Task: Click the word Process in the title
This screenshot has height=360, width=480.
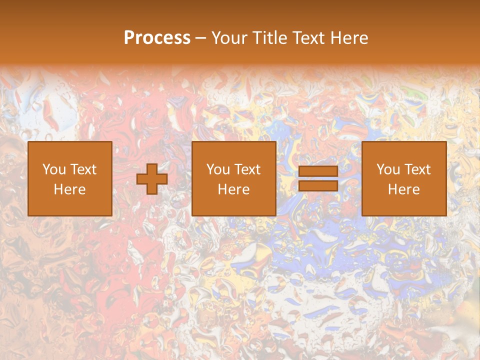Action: (157, 38)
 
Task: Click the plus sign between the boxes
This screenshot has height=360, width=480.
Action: (152, 179)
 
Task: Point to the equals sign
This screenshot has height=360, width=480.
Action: (318, 178)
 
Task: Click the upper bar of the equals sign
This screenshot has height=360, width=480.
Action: (318, 171)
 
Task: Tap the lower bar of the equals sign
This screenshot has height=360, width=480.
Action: (318, 185)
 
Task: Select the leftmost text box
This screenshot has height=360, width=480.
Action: (70, 178)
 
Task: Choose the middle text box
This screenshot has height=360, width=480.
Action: (234, 178)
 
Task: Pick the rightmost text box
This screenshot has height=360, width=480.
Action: (404, 178)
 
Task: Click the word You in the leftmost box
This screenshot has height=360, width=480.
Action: (54, 169)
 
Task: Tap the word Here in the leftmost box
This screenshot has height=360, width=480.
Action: (70, 189)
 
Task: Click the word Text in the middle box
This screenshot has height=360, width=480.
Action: (247, 169)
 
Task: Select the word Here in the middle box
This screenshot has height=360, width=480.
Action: (234, 189)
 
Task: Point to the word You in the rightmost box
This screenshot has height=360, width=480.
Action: (388, 169)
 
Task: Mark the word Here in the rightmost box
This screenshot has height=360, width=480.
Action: (404, 189)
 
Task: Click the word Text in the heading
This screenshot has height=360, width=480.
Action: (307, 38)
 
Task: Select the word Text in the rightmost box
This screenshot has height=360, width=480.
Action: (417, 169)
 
